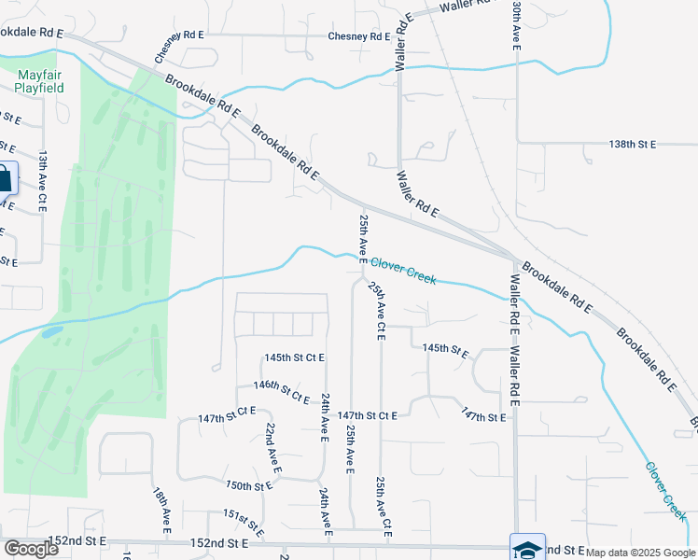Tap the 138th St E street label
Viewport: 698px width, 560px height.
(x=633, y=145)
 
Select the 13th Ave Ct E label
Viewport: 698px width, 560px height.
(x=43, y=182)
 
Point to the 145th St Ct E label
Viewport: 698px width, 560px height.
(x=294, y=357)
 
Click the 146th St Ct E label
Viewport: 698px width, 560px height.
(x=281, y=391)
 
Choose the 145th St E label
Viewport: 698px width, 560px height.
(x=445, y=348)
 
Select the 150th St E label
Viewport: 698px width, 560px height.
(x=249, y=485)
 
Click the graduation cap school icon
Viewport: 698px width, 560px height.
(x=527, y=549)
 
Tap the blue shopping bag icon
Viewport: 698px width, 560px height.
(x=5, y=178)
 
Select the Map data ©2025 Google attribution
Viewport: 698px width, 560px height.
(x=640, y=553)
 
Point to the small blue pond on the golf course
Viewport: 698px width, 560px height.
(x=51, y=330)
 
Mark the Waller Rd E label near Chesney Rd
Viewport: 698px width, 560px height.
(x=402, y=43)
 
